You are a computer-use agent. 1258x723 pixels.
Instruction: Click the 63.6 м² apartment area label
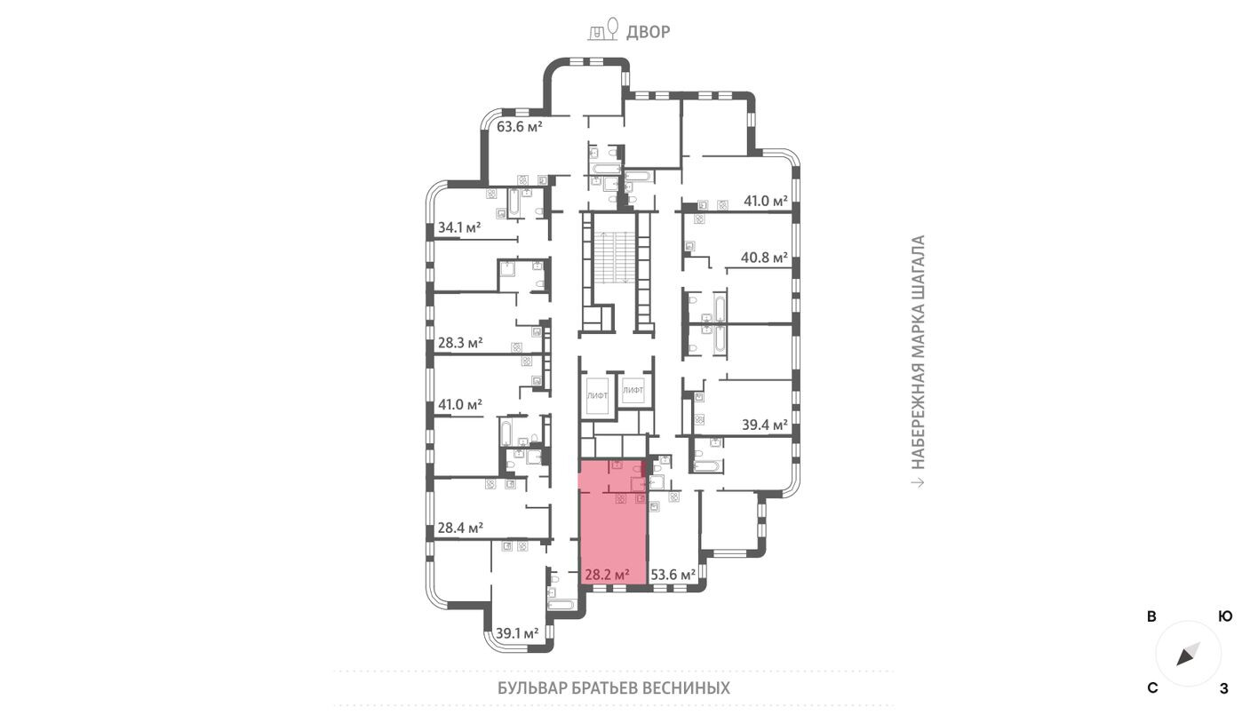520,126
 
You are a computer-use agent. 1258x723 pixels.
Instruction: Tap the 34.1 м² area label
459,228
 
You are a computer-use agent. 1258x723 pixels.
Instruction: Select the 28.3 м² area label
460,342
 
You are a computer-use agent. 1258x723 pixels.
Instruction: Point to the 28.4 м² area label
460,528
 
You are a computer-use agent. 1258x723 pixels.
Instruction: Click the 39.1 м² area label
517,633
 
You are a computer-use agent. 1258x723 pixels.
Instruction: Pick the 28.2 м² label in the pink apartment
607,575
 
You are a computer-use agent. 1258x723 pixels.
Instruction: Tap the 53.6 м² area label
673,575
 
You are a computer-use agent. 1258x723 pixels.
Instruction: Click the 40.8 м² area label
765,258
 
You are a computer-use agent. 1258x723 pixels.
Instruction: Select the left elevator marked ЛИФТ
597,393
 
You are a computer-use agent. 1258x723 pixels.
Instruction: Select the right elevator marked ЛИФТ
633,391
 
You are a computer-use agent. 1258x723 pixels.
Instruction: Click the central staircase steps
615,257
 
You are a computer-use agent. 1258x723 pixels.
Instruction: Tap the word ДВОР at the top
649,33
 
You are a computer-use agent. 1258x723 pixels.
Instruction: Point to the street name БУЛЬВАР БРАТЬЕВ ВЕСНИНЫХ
614,688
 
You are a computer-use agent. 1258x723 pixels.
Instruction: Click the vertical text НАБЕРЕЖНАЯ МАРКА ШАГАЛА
919,352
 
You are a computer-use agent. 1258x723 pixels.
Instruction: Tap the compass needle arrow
1188,655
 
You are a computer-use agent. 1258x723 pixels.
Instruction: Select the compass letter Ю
1225,616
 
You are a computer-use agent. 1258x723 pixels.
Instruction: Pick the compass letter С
1152,688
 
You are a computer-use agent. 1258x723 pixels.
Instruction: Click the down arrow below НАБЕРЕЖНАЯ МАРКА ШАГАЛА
919,482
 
